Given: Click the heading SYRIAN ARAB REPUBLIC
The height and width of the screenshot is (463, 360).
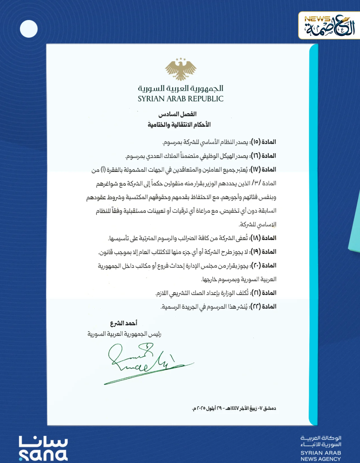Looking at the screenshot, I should point(181,99).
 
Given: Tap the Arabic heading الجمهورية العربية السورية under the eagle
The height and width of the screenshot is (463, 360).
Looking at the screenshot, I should point(181,88).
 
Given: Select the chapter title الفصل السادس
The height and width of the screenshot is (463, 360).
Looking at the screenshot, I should point(177,114).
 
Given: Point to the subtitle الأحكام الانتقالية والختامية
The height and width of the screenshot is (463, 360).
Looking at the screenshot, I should point(179,124).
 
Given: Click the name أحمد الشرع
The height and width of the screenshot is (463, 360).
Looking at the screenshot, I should point(123,323).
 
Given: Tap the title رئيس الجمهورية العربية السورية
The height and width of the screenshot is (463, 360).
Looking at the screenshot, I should point(124,334).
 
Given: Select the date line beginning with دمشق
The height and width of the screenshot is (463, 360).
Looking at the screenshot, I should point(234,408).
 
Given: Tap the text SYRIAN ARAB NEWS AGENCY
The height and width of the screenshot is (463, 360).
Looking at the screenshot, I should point(321,456).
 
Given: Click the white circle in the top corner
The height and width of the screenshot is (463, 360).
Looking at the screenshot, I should point(29,29).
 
